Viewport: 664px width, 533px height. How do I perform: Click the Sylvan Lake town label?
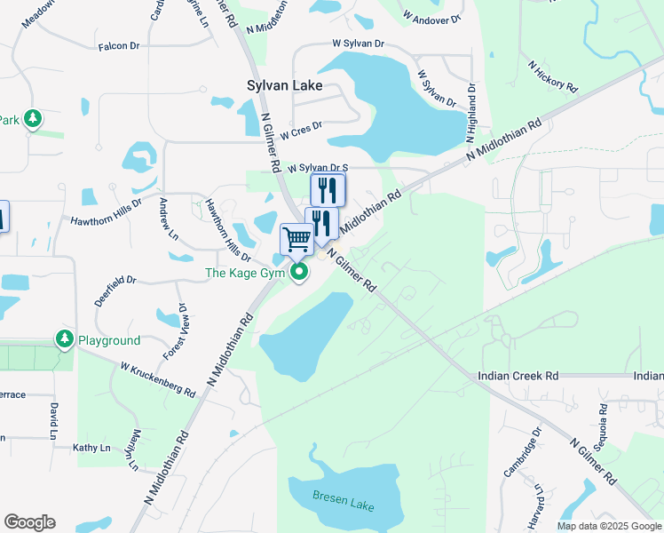pos(283,87)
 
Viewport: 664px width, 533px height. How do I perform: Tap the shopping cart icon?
pos(296,238)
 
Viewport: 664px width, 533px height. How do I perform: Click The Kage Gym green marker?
pos(300,272)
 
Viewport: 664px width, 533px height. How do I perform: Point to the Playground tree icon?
pos(64,338)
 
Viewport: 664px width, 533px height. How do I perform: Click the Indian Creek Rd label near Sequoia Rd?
pos(518,376)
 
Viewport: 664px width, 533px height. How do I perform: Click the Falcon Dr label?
pos(120,46)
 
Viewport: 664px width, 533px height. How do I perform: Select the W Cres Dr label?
pos(301,131)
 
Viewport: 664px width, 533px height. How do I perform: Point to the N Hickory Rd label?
pos(552,77)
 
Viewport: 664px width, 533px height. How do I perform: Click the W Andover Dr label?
pos(432,16)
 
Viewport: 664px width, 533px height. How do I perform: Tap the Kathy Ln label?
pos(90,448)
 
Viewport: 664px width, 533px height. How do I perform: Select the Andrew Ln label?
pos(167,220)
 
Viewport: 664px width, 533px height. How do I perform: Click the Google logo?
pos(29,522)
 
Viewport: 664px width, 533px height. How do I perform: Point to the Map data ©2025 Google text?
pos(609,526)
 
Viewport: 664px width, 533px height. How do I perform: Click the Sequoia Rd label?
pos(602,426)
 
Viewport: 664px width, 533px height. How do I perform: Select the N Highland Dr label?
pos(471,114)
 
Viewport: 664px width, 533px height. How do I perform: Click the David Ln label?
pos(54,420)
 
